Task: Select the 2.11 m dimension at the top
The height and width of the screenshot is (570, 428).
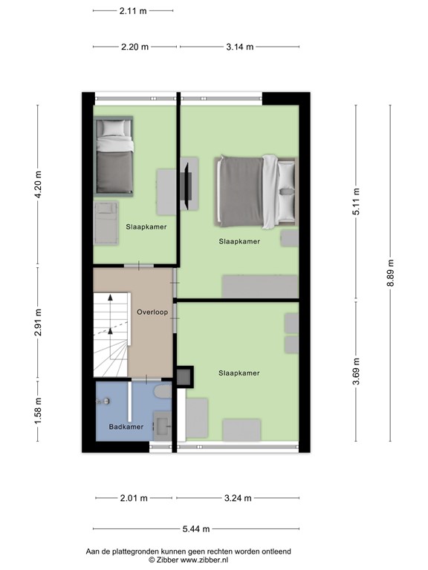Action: [133, 11]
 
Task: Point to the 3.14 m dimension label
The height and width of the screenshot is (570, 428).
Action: [239, 46]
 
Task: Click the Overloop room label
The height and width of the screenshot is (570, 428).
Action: [152, 312]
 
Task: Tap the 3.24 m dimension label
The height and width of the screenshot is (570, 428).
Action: [238, 498]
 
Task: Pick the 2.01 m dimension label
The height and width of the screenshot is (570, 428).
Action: [134, 498]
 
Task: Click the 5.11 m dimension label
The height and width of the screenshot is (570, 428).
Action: [356, 201]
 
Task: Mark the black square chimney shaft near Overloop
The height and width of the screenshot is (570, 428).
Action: [184, 376]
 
